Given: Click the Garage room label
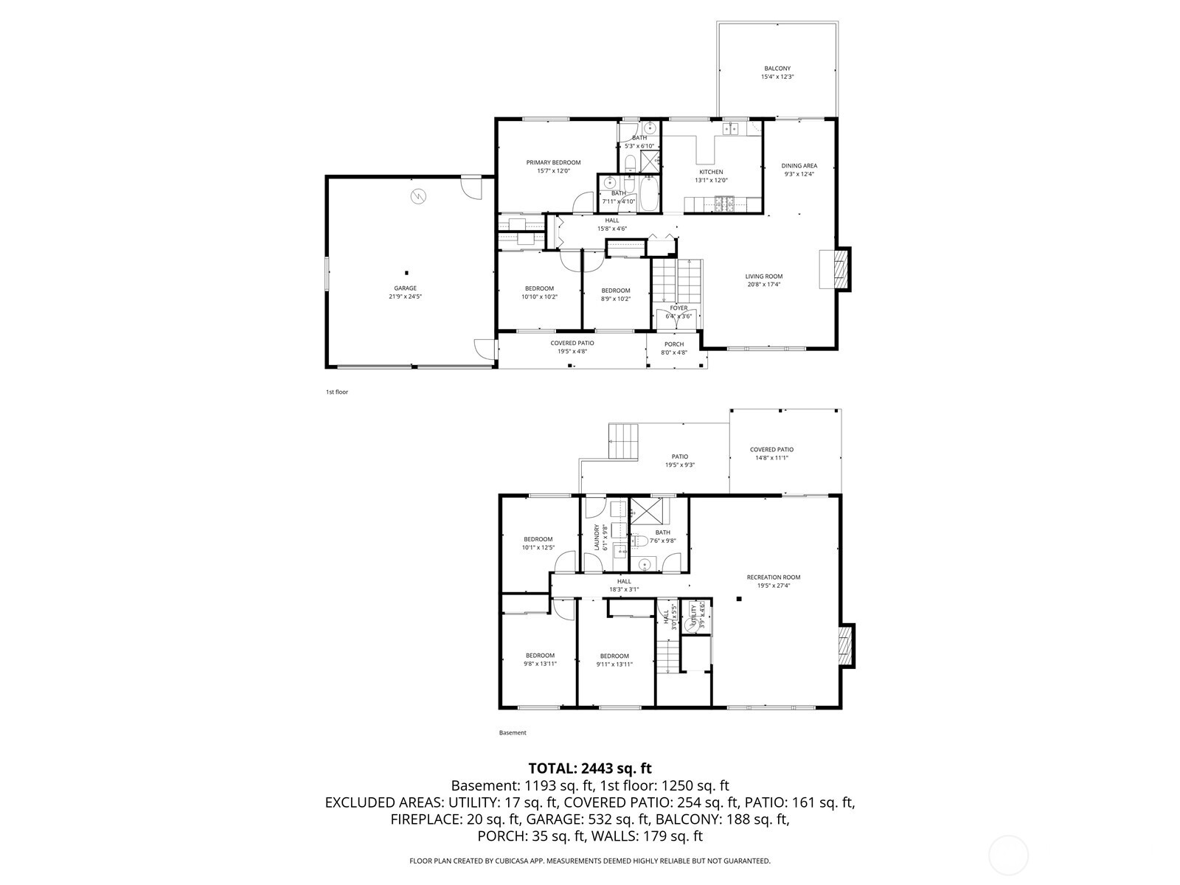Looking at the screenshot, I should point(405,288).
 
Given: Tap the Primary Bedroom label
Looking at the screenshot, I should point(553,162).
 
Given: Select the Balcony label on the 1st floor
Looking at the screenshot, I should point(777,69).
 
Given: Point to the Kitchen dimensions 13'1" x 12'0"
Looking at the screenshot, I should point(712,180).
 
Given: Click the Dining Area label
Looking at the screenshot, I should point(799,166).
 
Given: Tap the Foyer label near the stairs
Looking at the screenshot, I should point(678,308).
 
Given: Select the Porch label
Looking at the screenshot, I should point(674,344).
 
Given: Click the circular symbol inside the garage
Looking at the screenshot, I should point(418,196).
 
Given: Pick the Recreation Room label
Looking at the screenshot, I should point(773,577).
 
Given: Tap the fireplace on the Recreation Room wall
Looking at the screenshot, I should point(847,645).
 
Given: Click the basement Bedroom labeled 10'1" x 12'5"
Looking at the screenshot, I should point(538,539).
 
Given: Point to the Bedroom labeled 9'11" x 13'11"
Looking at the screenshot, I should point(614,656).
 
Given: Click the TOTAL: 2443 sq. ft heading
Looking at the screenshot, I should point(590,769).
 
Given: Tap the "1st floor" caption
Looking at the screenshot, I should point(337,392).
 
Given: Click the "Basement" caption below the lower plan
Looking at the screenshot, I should point(513,733).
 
